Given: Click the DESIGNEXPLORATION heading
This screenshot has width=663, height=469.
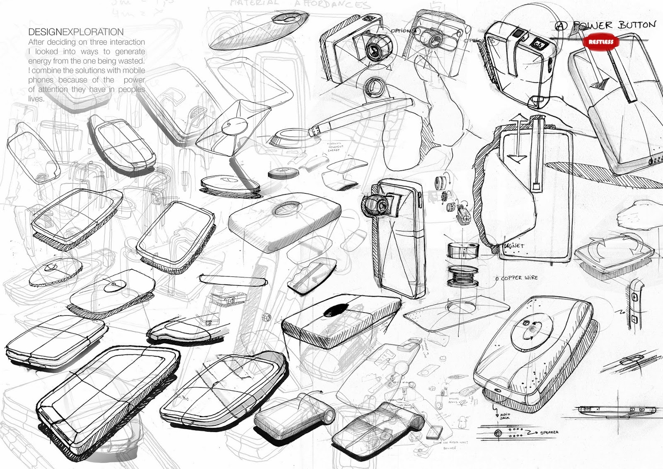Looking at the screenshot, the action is (x=76, y=32).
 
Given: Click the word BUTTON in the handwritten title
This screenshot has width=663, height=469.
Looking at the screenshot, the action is (x=637, y=25).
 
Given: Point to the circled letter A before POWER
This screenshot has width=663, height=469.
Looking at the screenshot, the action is (x=561, y=26).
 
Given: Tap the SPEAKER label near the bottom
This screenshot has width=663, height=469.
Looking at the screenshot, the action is (x=549, y=433).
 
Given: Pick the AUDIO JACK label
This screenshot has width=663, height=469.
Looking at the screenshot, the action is (x=505, y=416).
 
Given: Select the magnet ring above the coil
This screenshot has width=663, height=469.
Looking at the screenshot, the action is (x=463, y=250).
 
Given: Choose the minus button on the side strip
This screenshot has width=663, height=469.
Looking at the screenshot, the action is (x=634, y=319).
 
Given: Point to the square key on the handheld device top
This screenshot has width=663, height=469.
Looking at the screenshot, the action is (x=539, y=43).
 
